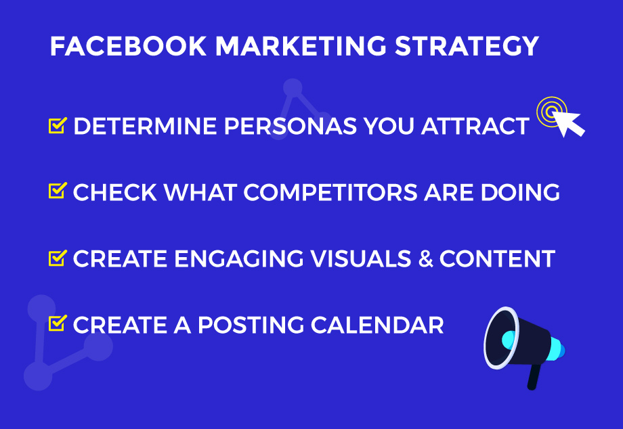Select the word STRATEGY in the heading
467,46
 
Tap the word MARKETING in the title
301,46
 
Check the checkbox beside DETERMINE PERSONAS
58,125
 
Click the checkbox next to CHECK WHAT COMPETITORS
58,191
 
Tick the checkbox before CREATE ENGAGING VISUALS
58,258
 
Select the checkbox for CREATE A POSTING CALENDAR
58,323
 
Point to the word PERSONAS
291,127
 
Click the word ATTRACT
475,127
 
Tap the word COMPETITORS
330,192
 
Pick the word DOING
520,192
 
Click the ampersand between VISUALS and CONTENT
425,258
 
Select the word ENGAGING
239,258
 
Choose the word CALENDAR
377,325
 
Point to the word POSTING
251,325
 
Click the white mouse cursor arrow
567,122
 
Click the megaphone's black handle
534,377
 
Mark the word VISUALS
361,258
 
